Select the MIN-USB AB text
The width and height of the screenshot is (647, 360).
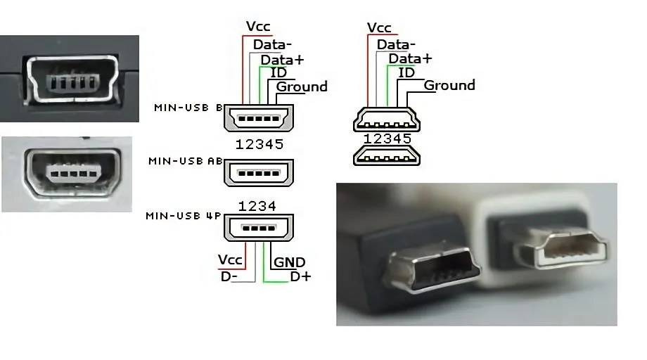coord(185,161)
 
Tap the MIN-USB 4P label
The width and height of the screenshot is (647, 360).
coord(184,215)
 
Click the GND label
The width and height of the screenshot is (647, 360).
coord(289,262)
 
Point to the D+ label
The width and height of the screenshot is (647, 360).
coord(300,276)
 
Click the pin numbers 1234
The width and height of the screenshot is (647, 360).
coord(259,206)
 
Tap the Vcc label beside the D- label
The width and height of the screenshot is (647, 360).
coord(230,260)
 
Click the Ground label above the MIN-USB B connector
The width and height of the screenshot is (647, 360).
coord(302,86)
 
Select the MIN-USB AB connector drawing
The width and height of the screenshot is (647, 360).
coord(259,172)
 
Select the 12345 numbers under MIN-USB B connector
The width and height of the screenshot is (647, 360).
coord(260,145)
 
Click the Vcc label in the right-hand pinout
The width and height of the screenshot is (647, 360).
coord(379,27)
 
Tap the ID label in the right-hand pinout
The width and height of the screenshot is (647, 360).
coord(406,72)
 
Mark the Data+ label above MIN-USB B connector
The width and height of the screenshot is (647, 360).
coord(282,60)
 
